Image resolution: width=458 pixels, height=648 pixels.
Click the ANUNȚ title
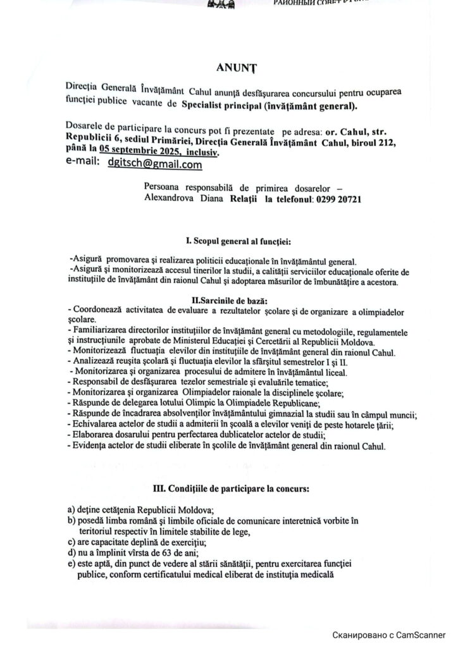coord(235,65)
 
